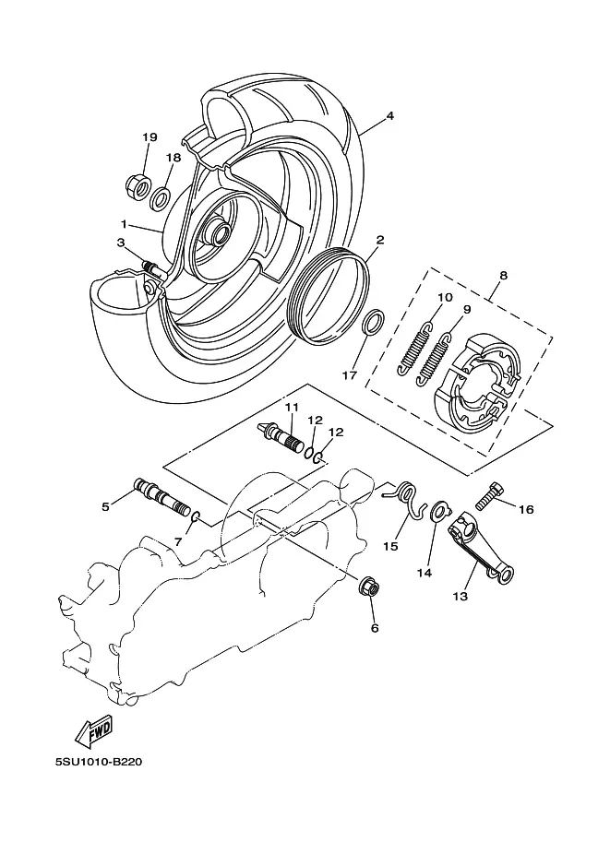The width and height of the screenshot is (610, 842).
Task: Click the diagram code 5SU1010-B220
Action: (99, 762)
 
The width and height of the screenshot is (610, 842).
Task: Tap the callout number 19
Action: (150, 136)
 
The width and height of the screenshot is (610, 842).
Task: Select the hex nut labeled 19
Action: (137, 186)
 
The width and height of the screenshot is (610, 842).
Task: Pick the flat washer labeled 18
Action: (161, 198)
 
